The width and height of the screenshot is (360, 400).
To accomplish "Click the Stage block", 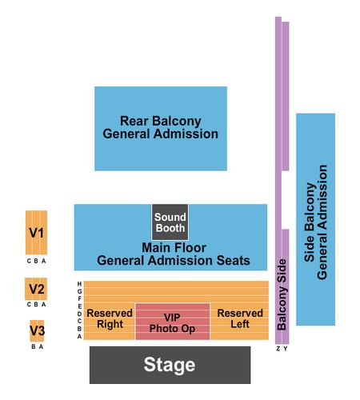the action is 170,365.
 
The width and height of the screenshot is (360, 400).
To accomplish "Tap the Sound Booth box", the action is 170,222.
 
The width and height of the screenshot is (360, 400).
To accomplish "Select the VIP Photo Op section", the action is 173,322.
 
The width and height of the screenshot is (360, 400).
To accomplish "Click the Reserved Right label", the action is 110,318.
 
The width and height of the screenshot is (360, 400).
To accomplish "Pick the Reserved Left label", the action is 240,318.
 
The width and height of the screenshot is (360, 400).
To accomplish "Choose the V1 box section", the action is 36,233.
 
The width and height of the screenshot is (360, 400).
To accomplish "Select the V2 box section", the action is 36,289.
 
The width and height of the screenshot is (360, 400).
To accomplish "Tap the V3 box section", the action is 37,330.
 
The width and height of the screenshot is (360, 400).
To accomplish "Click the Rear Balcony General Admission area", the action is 161,129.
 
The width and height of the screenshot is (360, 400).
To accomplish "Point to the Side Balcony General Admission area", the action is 316,219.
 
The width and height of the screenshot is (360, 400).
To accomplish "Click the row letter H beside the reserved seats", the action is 79,284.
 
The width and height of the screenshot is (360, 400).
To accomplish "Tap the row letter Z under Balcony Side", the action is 278,349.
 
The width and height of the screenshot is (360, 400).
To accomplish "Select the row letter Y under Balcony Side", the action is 286,349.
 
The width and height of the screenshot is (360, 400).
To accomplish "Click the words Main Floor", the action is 174,248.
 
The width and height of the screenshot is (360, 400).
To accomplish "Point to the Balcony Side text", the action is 282,294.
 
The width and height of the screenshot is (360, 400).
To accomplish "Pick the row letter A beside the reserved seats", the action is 79,337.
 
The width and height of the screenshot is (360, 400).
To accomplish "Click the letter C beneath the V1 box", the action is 29,261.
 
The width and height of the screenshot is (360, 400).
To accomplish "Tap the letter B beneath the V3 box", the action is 34,346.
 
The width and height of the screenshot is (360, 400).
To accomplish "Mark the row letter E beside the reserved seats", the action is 79,306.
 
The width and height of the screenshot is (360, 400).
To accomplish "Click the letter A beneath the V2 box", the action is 44,305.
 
